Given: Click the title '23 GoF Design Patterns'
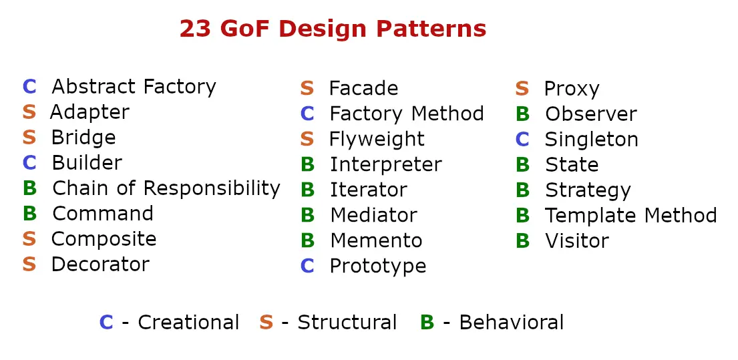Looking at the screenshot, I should click(x=333, y=29).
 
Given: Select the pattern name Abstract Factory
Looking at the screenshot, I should click(x=134, y=87).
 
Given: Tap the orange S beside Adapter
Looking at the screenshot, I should click(x=29, y=112).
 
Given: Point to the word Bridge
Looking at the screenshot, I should click(x=83, y=138).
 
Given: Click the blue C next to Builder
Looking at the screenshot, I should click(x=29, y=163).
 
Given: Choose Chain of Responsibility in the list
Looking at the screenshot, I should click(x=166, y=189).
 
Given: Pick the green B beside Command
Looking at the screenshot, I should click(x=29, y=214).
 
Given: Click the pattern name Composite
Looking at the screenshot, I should click(x=104, y=239).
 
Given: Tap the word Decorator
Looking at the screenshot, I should click(x=100, y=264).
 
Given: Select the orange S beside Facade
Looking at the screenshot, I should click(x=307, y=88).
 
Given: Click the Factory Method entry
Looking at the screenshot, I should click(x=407, y=114).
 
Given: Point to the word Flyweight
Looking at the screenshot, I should click(x=377, y=139).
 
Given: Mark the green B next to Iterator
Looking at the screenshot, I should click(x=307, y=190).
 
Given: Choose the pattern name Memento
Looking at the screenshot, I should click(x=376, y=240).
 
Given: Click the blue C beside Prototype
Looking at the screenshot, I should click(x=307, y=266).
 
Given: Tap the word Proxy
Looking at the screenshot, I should click(x=572, y=89).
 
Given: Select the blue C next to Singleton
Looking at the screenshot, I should click(x=522, y=140).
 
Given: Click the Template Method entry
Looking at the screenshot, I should click(x=631, y=216).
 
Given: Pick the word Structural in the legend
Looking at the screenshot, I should click(x=347, y=323).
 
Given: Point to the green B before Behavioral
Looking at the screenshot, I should click(x=427, y=323).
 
